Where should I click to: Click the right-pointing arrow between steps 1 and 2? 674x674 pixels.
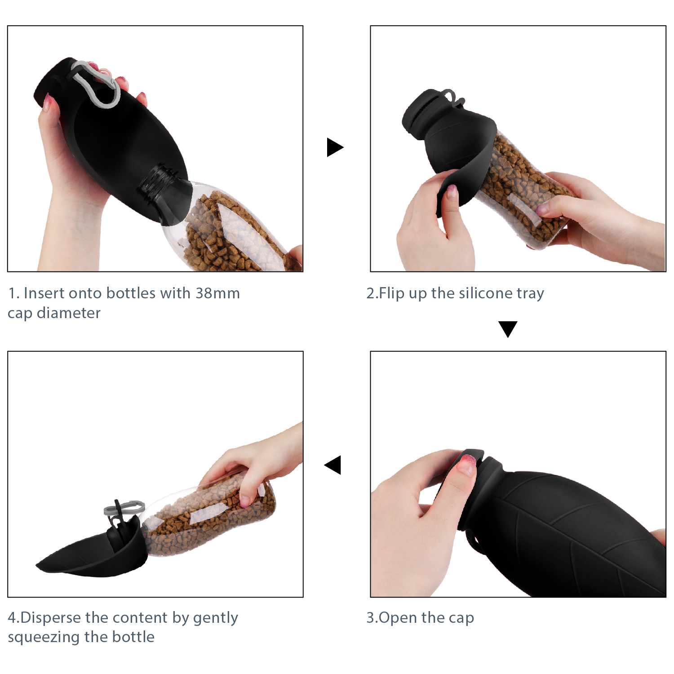[x=334, y=147]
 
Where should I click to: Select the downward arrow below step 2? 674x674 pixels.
[x=508, y=328]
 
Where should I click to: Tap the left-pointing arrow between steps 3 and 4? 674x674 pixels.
[x=333, y=465]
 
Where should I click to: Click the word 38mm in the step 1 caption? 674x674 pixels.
[x=217, y=293]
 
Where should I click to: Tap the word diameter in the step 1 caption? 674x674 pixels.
[x=68, y=313]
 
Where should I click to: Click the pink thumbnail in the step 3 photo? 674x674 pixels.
[x=466, y=464]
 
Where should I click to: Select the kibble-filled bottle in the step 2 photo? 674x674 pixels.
[x=521, y=189]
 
